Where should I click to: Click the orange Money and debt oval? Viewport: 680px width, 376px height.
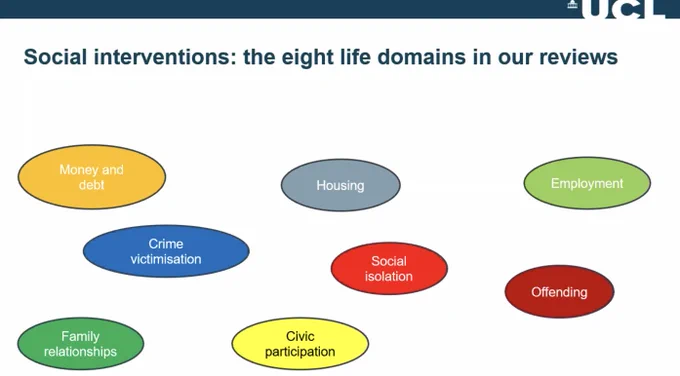click(x=92, y=177)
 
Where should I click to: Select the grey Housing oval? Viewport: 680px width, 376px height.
click(x=340, y=185)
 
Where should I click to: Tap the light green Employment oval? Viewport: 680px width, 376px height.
click(x=587, y=183)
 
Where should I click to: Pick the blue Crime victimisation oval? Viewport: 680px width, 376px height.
click(x=166, y=251)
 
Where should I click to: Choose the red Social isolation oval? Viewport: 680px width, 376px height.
click(x=389, y=268)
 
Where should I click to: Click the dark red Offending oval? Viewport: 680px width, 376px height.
click(x=559, y=292)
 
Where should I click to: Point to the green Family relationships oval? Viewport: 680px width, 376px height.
click(x=81, y=343)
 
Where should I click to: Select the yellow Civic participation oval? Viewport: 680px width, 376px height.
click(x=300, y=343)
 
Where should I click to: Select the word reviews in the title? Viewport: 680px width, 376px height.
click(x=579, y=58)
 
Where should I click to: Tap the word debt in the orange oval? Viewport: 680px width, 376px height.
click(x=92, y=185)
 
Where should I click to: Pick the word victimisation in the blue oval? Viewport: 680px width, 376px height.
click(x=166, y=259)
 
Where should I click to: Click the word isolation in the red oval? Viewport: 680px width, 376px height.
click(x=389, y=276)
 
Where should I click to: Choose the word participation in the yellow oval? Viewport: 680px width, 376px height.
click(x=300, y=352)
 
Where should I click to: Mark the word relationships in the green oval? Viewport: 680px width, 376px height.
click(x=81, y=352)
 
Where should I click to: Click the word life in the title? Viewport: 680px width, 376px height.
click(x=354, y=57)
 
